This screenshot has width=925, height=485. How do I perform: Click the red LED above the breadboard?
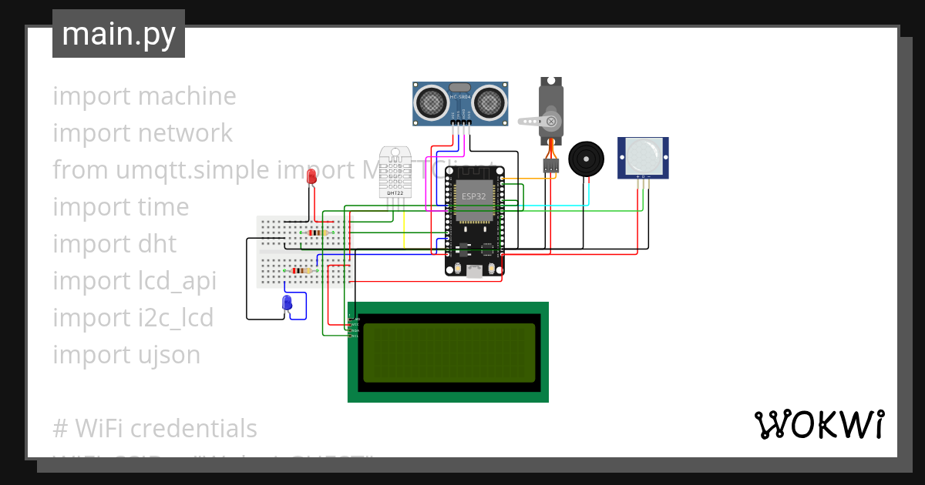[x=311, y=176]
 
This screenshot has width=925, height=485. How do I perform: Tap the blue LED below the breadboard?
[x=288, y=303]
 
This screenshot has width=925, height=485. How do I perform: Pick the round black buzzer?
[x=587, y=159]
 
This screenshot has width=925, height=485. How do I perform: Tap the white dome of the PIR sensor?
[x=643, y=155]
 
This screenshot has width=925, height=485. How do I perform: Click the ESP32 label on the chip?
[x=473, y=197]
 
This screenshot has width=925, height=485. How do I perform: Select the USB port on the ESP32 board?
[x=475, y=271]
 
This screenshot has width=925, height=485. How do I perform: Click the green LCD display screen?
[x=449, y=353]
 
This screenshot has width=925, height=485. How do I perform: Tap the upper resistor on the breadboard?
[x=316, y=232]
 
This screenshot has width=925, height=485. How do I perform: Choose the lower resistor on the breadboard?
[x=303, y=270]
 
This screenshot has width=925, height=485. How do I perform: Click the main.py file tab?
[x=119, y=34]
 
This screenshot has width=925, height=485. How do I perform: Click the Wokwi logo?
[x=819, y=424]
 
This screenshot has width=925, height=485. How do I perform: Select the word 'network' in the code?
[x=185, y=133]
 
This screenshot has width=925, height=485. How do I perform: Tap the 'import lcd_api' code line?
[x=134, y=281]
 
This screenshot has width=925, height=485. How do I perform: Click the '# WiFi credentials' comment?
[x=154, y=428]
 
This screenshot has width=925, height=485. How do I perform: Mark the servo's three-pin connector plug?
[x=550, y=165]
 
